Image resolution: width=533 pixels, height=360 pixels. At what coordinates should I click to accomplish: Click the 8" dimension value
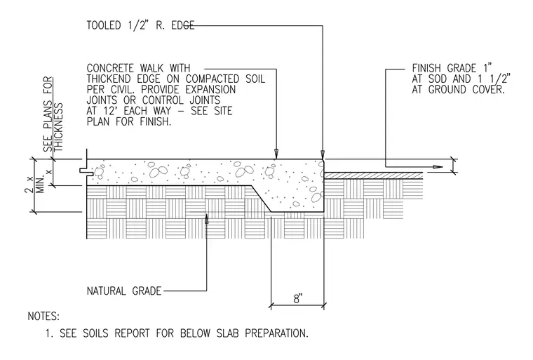coord(298,299)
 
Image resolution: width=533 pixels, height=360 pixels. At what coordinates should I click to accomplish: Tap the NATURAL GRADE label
coord(124,291)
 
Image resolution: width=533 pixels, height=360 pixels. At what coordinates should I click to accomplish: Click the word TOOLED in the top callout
coord(104,25)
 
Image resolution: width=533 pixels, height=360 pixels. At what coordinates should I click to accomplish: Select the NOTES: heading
coord(43,316)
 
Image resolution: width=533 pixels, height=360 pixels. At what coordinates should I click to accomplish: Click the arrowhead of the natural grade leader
coord(206,219)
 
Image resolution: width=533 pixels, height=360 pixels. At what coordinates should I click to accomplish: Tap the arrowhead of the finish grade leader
coord(438,167)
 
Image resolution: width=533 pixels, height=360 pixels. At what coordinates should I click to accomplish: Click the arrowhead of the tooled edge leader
coord(323,154)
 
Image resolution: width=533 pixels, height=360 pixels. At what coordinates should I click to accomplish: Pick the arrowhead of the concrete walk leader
coord(276,154)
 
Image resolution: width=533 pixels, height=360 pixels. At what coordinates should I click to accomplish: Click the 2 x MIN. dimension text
coord(35,185)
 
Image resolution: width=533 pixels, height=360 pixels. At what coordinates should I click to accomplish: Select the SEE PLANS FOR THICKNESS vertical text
coord(53,114)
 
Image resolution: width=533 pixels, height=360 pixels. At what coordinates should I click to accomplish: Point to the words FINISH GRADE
coord(444,68)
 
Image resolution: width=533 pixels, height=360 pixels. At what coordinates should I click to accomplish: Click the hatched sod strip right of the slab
coord(373,175)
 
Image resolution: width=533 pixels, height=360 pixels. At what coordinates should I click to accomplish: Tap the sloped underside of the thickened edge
coord(261,199)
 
